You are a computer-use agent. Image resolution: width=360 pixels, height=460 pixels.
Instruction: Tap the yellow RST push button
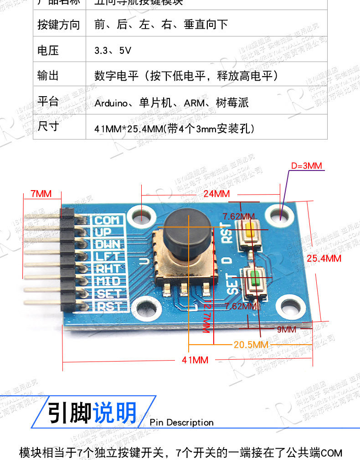[250, 230]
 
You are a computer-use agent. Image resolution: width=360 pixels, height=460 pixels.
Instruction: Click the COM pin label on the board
[108, 220]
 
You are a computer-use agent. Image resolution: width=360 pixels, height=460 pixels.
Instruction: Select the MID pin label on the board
[108, 281]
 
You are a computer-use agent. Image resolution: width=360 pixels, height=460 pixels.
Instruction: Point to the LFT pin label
[108, 257]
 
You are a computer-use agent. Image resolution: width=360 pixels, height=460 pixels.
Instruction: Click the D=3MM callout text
[306, 165]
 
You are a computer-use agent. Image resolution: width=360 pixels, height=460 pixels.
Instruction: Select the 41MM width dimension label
[195, 360]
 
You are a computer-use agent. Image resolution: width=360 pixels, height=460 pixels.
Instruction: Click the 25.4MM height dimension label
[324, 258]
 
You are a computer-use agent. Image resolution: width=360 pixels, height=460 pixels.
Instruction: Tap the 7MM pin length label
[41, 193]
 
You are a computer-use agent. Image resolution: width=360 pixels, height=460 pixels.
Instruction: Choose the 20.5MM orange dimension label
[251, 344]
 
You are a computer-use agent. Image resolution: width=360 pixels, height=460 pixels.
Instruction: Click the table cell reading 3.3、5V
[113, 51]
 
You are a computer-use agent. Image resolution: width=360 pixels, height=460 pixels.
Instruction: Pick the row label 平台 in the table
[48, 102]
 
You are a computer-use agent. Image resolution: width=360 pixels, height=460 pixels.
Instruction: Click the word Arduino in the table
[111, 103]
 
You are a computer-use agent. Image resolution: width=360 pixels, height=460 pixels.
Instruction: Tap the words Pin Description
[181, 423]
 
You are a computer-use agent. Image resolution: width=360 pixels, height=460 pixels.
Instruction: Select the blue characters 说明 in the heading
[114, 413]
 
